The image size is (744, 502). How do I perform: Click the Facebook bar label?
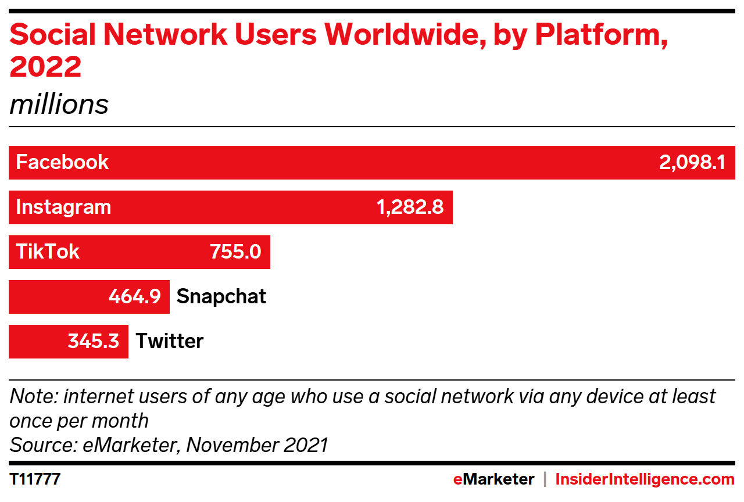click(x=62, y=162)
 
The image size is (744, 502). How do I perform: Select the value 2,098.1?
click(x=692, y=162)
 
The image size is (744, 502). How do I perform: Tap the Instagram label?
click(x=63, y=207)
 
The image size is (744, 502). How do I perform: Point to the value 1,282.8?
click(x=410, y=207)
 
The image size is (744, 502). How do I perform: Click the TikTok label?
click(x=48, y=252)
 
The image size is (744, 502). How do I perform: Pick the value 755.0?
click(x=235, y=252)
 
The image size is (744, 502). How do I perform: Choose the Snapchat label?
click(x=221, y=296)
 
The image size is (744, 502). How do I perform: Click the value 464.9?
click(x=135, y=296)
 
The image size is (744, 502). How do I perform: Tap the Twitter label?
click(x=170, y=341)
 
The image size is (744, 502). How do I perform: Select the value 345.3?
click(x=94, y=341)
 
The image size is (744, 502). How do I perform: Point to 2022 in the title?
click(x=45, y=67)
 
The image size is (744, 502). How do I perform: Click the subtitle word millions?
click(x=59, y=105)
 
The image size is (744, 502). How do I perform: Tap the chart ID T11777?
click(x=35, y=480)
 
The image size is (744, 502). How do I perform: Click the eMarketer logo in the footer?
click(x=493, y=480)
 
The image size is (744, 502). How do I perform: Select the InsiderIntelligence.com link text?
click(x=645, y=480)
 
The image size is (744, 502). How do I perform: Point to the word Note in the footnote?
click(x=32, y=397)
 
